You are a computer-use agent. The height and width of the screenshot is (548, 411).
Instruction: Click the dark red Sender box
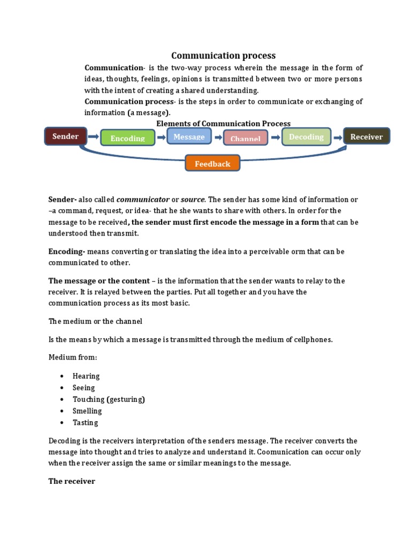tap(66, 136)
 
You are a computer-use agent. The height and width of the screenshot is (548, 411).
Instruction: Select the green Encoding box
tap(127, 138)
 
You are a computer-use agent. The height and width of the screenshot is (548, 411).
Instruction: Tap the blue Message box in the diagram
tap(189, 136)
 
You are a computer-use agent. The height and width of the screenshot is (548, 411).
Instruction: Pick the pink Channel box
tap(245, 139)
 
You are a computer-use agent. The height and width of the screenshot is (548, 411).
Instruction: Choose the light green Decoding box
tap(306, 137)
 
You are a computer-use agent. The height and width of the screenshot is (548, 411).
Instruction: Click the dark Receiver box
tap(367, 136)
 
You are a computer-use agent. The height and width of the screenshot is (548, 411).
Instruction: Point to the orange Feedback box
tap(212, 163)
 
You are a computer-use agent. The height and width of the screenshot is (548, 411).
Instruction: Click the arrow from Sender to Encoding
tap(93, 137)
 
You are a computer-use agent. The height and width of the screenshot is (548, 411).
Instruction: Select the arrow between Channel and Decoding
tap(275, 138)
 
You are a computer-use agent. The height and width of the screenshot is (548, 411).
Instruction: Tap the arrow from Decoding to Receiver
tap(337, 138)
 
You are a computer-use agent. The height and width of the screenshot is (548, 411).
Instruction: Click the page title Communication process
tap(223, 55)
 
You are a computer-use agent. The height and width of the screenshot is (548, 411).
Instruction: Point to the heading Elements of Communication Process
tap(223, 124)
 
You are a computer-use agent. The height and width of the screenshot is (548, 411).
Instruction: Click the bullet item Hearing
tap(86, 376)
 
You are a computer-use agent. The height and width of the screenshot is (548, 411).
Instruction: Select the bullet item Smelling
tap(87, 411)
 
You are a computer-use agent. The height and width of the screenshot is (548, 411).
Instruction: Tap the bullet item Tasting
tap(86, 422)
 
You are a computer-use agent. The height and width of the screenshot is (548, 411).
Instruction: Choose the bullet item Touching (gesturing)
tap(109, 399)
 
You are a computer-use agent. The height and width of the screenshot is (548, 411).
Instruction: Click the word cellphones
tap(313, 339)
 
